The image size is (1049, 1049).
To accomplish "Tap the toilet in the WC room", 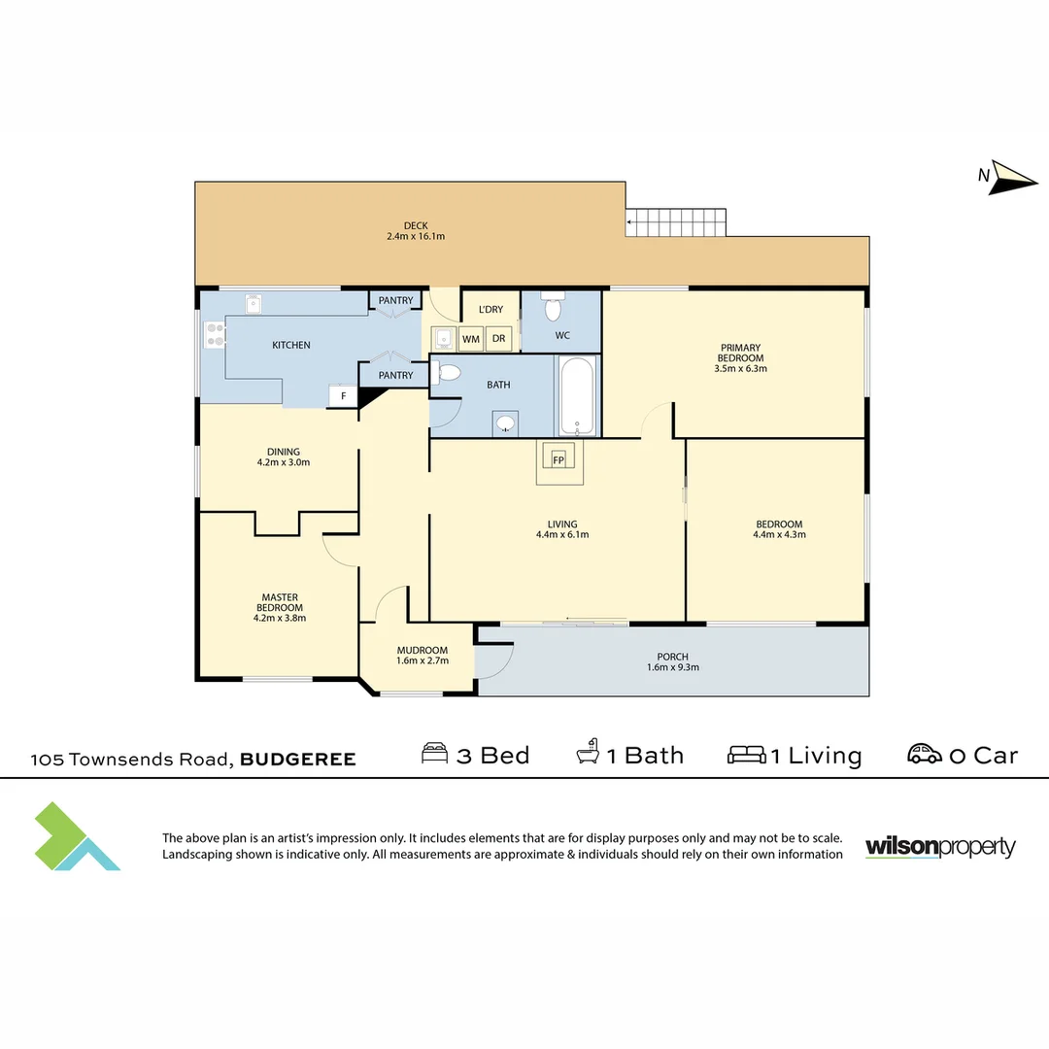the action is tap(553, 306).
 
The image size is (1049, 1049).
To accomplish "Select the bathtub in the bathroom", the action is tap(577, 396).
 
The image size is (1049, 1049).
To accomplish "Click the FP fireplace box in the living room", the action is tap(558, 458).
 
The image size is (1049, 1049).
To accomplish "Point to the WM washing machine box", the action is tap(471, 339).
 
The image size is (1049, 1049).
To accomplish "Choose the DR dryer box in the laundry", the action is tap(499, 339).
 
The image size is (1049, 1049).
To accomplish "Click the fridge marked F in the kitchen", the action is tap(343, 395).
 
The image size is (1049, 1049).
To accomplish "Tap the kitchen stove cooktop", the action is tap(215, 334).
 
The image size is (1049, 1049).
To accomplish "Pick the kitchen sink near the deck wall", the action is tap(253, 304).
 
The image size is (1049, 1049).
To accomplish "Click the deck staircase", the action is tap(676, 222).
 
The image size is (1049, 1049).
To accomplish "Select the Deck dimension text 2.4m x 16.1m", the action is tap(416, 236).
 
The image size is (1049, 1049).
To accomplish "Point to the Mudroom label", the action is tap(423, 650).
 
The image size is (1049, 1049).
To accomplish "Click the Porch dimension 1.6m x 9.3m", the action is tap(672, 667).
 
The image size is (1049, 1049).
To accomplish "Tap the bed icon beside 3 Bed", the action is tap(435, 753).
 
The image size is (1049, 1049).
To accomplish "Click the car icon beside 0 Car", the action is tap(925, 754).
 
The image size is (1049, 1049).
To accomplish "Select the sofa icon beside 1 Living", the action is tap(747, 755).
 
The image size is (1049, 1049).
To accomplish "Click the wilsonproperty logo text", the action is tap(940, 847).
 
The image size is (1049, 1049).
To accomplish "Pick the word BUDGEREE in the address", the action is tap(298, 760).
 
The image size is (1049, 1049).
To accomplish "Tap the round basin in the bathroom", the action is tap(505, 423).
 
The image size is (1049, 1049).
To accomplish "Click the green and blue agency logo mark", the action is tap(76, 837).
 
